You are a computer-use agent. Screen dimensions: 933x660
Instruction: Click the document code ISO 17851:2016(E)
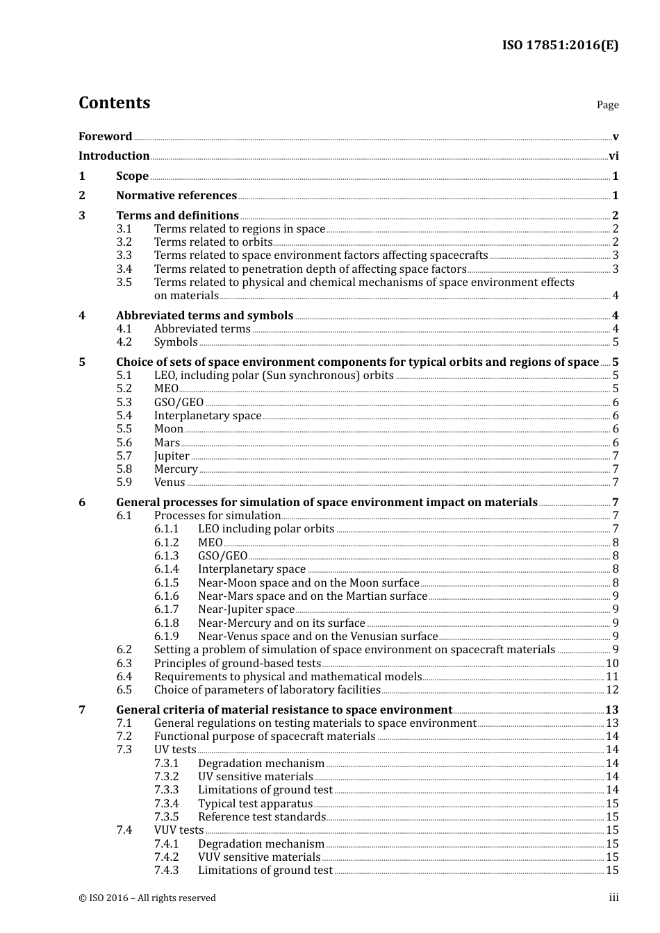560,45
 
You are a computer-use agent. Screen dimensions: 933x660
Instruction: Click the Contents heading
114,103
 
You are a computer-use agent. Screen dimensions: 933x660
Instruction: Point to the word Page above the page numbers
607,105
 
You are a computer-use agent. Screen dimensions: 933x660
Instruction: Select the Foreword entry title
105,136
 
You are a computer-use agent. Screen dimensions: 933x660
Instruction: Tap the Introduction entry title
114,155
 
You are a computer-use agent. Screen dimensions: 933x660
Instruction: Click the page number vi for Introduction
613,155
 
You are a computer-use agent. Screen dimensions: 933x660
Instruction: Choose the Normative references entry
176,196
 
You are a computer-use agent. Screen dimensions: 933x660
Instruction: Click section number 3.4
124,269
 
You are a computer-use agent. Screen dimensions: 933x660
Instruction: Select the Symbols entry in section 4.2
176,342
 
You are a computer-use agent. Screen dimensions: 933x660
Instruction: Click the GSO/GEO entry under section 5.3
179,403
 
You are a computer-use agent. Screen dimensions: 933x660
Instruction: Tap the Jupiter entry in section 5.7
172,456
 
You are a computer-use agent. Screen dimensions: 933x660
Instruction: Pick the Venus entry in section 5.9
170,482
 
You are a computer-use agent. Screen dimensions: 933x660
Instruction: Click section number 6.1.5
166,583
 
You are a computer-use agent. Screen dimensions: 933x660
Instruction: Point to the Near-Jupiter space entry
246,610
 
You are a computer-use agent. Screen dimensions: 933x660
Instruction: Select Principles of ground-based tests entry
237,663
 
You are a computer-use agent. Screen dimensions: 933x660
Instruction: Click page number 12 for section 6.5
612,690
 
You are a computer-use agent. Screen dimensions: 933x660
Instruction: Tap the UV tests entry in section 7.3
175,750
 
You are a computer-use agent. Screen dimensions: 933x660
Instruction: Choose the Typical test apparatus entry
255,803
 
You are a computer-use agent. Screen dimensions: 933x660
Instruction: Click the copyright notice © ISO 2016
147,898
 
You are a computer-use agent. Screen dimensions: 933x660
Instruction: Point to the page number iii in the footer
613,898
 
